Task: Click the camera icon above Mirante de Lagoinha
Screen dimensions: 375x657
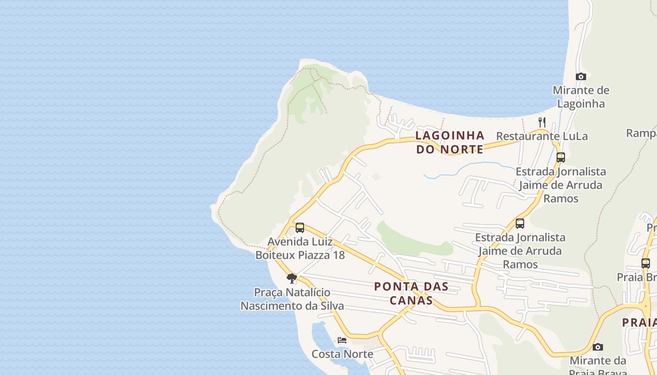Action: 581,76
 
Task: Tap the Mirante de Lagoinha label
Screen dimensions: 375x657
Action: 581,97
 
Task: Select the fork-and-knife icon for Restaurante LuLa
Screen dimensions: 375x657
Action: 542,122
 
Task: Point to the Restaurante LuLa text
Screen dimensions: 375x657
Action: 542,136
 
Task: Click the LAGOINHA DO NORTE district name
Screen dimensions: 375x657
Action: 450,142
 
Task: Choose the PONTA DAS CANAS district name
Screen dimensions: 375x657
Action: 411,293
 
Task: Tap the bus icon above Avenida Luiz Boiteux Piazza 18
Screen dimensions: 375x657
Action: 300,228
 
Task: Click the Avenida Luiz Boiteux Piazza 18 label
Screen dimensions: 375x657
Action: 300,248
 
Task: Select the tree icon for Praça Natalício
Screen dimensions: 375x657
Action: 292,278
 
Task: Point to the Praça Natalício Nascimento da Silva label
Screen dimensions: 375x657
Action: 292,299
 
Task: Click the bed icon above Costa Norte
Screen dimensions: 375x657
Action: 342,340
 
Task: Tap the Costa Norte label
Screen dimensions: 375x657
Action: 343,354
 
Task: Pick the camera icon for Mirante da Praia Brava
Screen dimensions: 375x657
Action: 597,347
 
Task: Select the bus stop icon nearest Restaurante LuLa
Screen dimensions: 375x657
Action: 560,157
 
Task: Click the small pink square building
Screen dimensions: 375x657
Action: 375,177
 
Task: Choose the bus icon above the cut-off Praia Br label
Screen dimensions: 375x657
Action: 646,263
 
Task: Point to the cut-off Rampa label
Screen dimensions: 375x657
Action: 642,134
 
